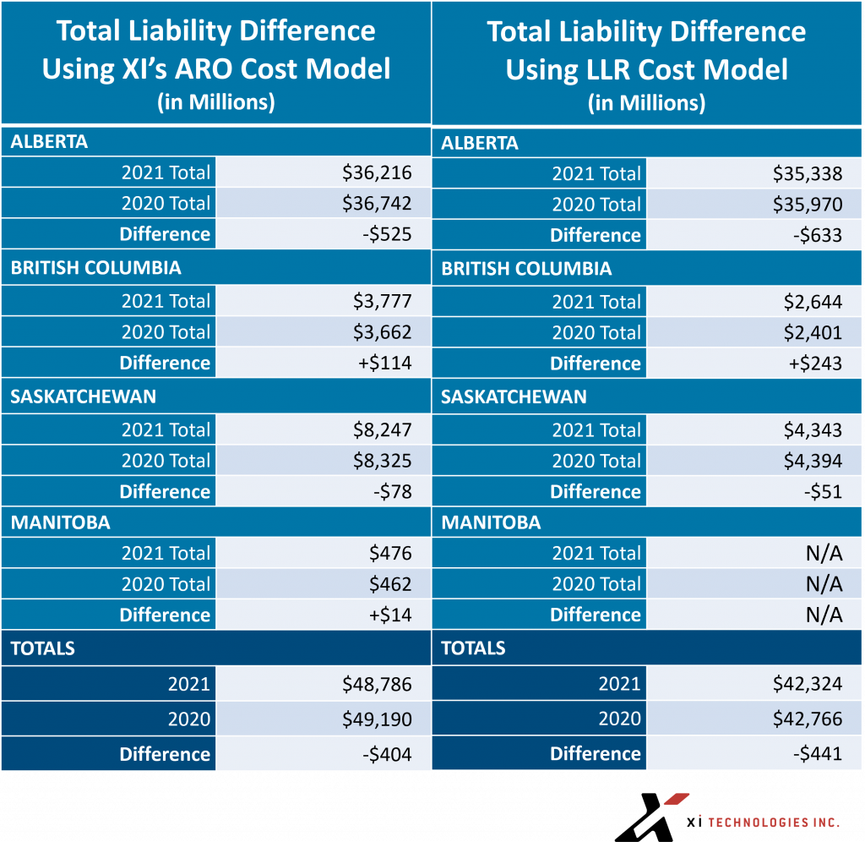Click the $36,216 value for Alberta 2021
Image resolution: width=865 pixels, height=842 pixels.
377,172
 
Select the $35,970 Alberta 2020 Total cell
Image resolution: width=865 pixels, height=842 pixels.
807,205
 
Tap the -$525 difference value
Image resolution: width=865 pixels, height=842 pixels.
387,234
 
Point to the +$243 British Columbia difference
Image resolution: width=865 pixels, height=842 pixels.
815,364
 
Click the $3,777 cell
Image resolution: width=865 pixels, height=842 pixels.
383,302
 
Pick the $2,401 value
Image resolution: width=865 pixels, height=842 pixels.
813,332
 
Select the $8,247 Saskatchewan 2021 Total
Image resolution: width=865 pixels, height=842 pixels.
383,430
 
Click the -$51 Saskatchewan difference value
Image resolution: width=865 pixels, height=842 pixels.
823,491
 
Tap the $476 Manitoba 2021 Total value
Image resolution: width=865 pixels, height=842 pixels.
390,553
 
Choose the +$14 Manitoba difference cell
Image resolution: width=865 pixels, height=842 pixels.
390,615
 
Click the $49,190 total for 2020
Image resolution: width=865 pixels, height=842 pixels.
377,719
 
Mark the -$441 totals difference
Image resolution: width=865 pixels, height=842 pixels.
818,754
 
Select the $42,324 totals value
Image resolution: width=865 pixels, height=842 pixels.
807,684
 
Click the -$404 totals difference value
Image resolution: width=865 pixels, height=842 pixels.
387,754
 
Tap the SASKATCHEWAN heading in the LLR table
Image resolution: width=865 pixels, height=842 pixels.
514,397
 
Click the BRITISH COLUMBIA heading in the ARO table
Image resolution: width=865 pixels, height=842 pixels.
96,268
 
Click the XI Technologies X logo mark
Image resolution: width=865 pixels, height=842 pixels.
651,817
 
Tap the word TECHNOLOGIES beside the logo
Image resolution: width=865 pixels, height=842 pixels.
759,823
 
